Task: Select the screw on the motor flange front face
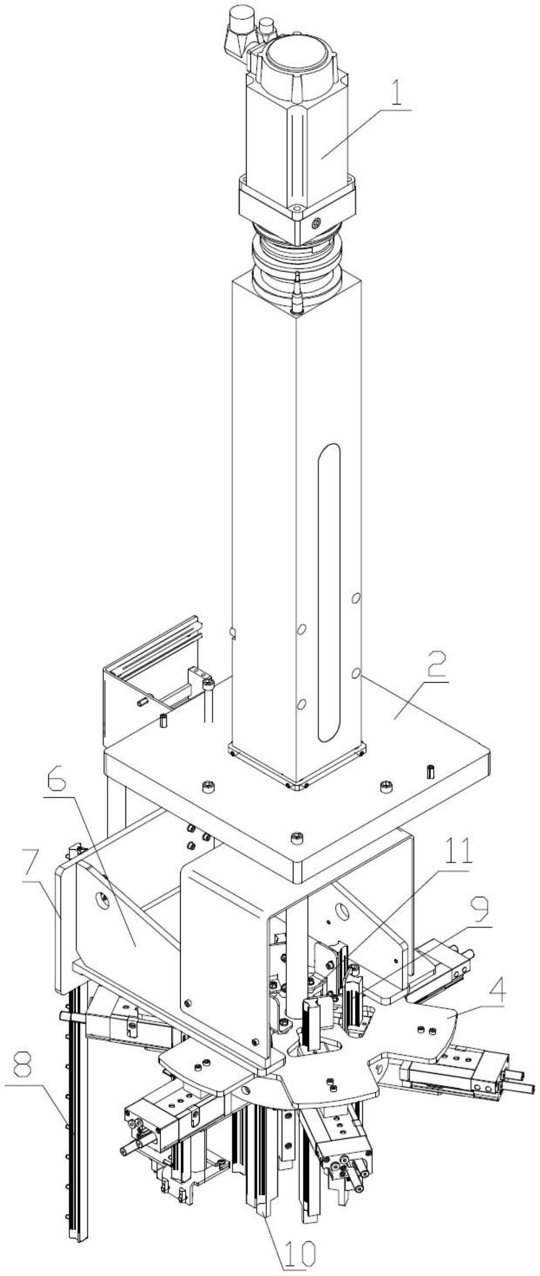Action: tap(314, 225)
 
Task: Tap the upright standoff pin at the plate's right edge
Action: tap(430, 772)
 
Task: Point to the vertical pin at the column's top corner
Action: tap(297, 292)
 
